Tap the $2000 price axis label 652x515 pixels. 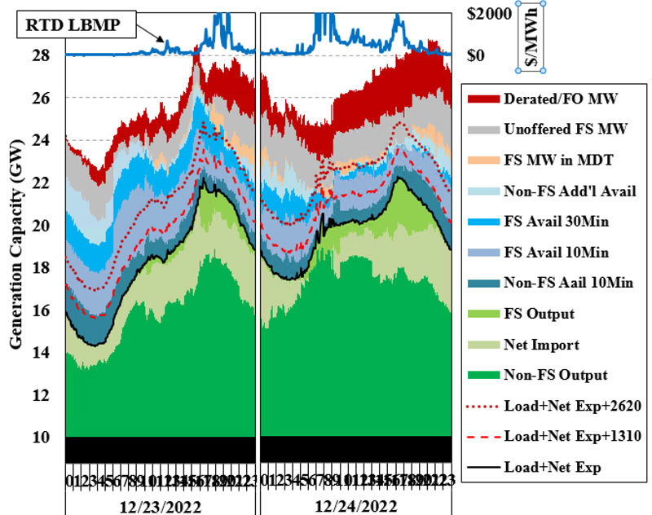pyautogui.click(x=490, y=14)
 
